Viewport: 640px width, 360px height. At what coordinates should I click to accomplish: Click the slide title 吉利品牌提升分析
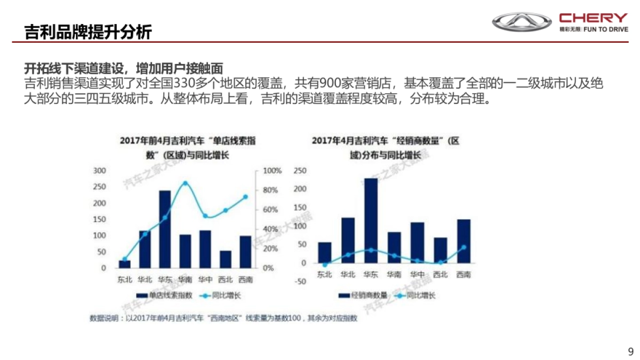coord(88,31)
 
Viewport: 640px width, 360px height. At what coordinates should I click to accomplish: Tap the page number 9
coord(631,351)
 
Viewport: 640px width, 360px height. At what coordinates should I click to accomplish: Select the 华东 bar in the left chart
coord(165,229)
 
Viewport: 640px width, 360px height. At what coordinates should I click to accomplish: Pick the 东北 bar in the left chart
coord(124,264)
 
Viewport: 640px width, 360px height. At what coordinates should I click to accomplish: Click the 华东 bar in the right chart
coord(371,220)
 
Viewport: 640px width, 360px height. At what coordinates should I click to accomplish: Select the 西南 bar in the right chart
coord(463,241)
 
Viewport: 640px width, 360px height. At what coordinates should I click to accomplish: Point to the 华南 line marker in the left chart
coord(185,183)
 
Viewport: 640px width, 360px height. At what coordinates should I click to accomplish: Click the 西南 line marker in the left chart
coord(245,197)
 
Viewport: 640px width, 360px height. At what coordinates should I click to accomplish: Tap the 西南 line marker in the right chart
coord(463,247)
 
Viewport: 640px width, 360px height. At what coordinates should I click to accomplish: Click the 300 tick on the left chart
coord(100,171)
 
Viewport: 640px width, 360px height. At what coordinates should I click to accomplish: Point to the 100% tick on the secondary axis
coord(272,171)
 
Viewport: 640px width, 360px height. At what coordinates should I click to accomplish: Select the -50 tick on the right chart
coord(301,282)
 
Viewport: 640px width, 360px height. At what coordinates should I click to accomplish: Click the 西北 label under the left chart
coord(226,279)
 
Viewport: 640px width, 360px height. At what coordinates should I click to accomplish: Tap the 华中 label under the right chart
coord(417,275)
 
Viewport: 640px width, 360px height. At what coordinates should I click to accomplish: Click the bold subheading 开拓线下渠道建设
coord(123,69)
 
